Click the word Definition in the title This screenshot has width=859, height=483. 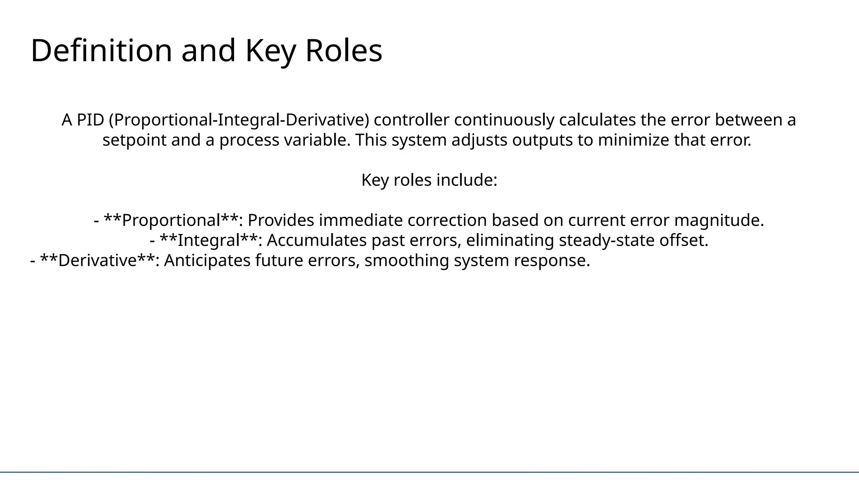pos(101,51)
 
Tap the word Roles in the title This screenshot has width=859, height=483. pos(344,51)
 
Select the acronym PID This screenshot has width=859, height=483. pos(90,120)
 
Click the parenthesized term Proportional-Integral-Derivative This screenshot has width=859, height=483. pos(239,120)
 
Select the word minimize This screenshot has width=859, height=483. pos(633,140)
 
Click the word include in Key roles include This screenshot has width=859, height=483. pos(467,180)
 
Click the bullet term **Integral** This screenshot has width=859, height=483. pos(208,241)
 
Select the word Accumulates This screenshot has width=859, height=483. pos(316,241)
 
